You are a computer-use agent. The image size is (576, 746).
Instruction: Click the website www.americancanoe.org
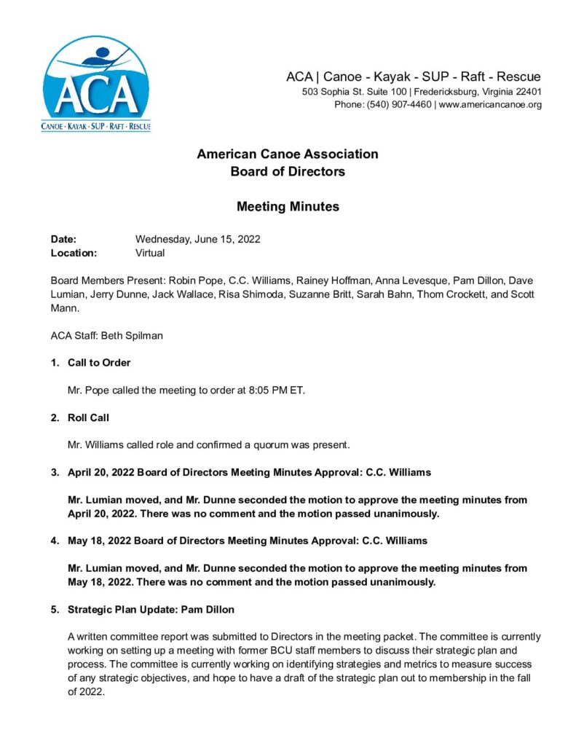[490, 105]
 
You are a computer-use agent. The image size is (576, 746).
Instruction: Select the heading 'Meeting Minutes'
[288, 206]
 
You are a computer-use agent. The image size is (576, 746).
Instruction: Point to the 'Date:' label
[63, 239]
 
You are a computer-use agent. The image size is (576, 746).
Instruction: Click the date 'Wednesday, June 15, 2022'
[198, 239]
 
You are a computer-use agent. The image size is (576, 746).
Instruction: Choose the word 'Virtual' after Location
[150, 253]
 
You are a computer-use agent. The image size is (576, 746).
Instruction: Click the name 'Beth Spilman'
[138, 335]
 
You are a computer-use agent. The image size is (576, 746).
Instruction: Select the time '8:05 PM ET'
[276, 390]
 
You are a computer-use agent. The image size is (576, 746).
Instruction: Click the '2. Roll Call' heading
[87, 417]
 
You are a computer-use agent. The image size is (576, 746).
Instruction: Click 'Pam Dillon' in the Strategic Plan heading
[209, 609]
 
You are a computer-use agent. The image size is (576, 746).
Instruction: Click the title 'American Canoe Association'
[288, 154]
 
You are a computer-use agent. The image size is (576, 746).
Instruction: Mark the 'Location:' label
[74, 253]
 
